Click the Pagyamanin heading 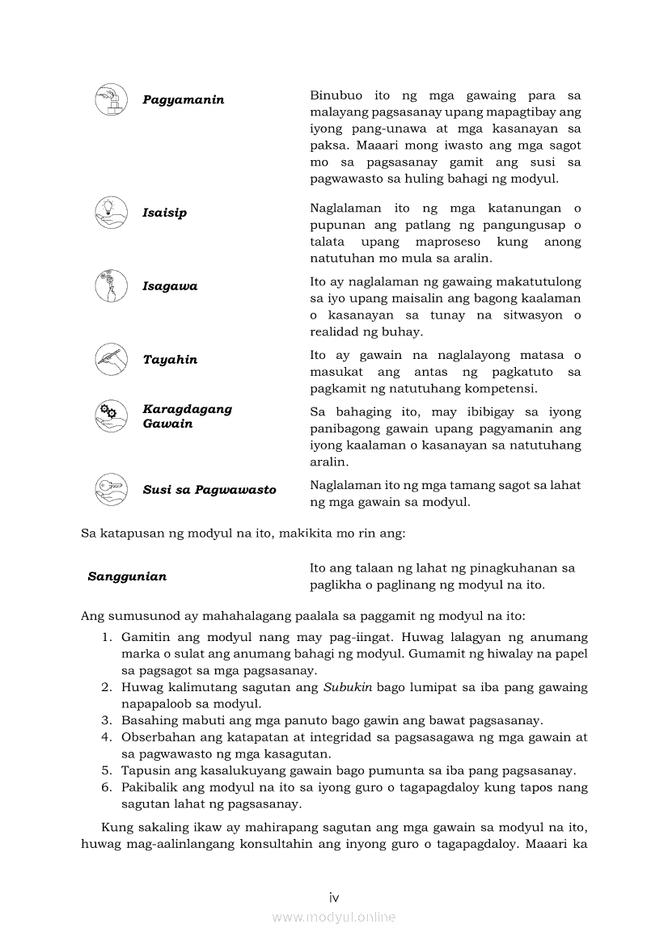click(184, 100)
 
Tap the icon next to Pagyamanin click(112, 99)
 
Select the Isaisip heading click(165, 213)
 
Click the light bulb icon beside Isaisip click(112, 213)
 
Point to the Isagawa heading click(170, 286)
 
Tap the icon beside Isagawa click(112, 286)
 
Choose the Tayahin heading click(170, 360)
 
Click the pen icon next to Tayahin click(112, 359)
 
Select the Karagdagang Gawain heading click(187, 416)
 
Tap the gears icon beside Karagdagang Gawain click(112, 416)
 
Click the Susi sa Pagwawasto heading click(209, 490)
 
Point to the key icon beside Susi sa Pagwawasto click(112, 489)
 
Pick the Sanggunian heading click(127, 576)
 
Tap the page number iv click(334, 897)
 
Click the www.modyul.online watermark click(334, 918)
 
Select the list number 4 click(106, 737)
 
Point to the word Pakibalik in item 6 click(148, 787)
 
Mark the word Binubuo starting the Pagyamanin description click(336, 95)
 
